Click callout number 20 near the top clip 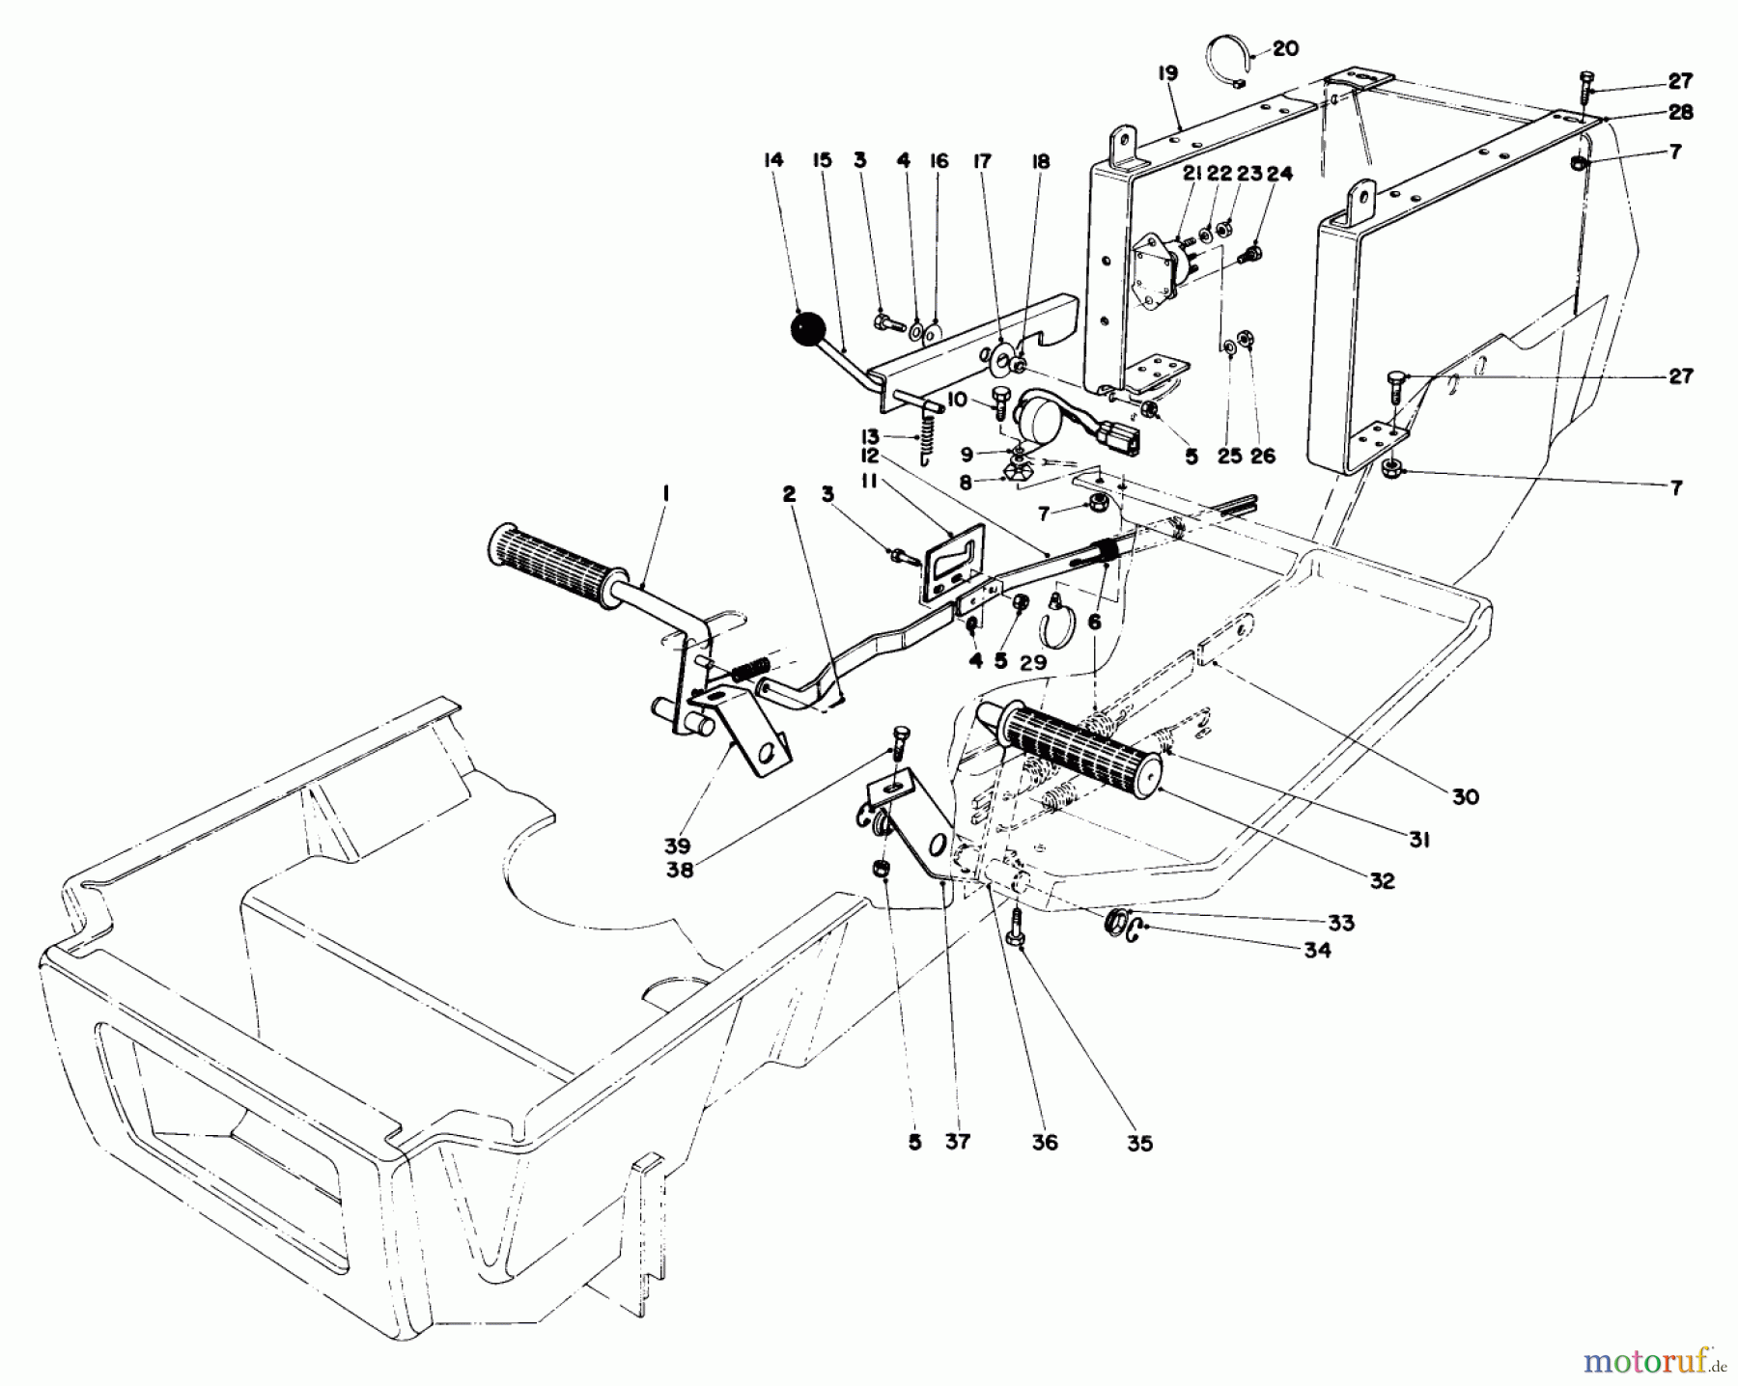(x=1285, y=48)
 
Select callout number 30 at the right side (x=1464, y=797)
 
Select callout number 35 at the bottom (x=1140, y=1145)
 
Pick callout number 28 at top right (x=1680, y=113)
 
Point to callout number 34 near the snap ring (x=1316, y=950)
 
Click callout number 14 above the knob (x=773, y=160)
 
